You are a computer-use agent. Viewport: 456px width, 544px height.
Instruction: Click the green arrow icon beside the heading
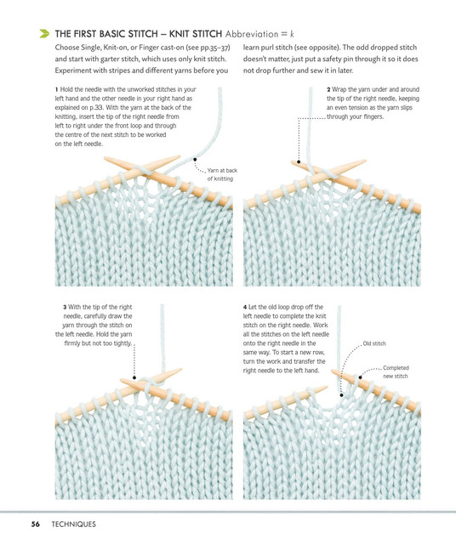pos(44,34)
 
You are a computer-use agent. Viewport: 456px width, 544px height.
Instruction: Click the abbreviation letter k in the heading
pos(292,34)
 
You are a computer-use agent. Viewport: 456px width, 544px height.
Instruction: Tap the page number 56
pos(36,524)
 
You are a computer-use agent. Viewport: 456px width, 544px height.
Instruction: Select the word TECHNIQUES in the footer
pos(74,524)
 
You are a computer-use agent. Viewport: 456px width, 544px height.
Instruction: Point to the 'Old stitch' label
pos(374,343)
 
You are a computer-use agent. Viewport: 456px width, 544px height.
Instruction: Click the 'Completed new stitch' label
pos(396,372)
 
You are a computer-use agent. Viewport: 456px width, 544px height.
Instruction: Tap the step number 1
pos(57,89)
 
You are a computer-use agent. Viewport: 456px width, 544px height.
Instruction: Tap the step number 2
pos(328,89)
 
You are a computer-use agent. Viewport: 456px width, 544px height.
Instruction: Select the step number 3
pos(65,307)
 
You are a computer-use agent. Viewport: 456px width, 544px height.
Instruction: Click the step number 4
pos(245,307)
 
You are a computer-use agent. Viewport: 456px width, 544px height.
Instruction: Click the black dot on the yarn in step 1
pos(195,160)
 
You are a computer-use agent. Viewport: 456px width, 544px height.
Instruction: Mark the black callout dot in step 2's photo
pos(299,161)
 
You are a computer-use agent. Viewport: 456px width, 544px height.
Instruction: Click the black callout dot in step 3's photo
pos(134,377)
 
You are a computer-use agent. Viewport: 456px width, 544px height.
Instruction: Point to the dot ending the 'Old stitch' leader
pos(342,394)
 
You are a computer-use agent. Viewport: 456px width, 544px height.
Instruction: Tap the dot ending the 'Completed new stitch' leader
pos(361,377)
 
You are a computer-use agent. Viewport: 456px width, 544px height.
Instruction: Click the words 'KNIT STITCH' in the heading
pos(195,34)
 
